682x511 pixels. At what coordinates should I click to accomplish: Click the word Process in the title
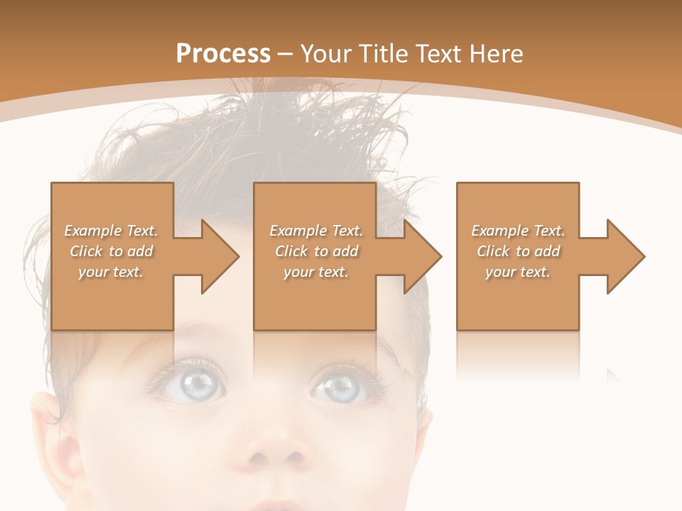[223, 54]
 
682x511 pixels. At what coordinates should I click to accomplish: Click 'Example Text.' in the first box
[111, 231]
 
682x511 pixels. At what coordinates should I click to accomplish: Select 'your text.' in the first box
[111, 272]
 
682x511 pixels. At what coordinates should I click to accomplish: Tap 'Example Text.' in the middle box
[316, 231]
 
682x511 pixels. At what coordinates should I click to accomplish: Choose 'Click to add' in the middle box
[316, 251]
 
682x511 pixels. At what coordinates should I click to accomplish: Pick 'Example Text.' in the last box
[518, 231]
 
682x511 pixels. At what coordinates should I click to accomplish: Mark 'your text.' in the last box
[518, 272]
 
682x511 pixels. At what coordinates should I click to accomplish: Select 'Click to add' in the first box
[111, 251]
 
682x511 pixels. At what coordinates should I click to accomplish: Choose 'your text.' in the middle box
[316, 272]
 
